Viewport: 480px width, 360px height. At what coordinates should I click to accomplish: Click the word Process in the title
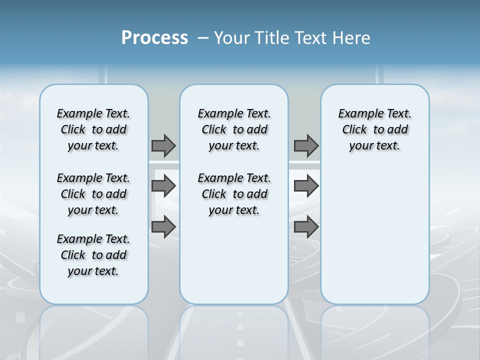[154, 38]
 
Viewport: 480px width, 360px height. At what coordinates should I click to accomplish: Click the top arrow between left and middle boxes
[163, 145]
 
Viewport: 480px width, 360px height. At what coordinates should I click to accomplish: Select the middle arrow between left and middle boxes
[163, 186]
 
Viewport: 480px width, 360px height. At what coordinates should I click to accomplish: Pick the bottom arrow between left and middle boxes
[163, 226]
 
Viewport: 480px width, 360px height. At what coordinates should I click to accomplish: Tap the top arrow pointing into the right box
[306, 145]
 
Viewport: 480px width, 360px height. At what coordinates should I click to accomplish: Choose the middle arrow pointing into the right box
[306, 186]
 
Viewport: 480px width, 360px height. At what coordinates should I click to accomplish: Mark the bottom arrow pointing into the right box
[306, 226]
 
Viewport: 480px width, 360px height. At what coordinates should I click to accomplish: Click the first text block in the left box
[93, 129]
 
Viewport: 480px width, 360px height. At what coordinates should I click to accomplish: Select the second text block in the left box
[93, 194]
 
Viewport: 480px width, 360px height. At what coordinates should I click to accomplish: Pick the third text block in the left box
[93, 255]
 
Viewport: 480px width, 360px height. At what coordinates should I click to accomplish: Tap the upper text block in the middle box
[234, 129]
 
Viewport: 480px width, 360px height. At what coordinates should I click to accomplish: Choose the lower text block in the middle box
[234, 194]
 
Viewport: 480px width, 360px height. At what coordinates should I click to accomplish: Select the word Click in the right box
[354, 130]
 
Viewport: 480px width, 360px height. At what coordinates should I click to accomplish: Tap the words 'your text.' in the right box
[374, 146]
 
